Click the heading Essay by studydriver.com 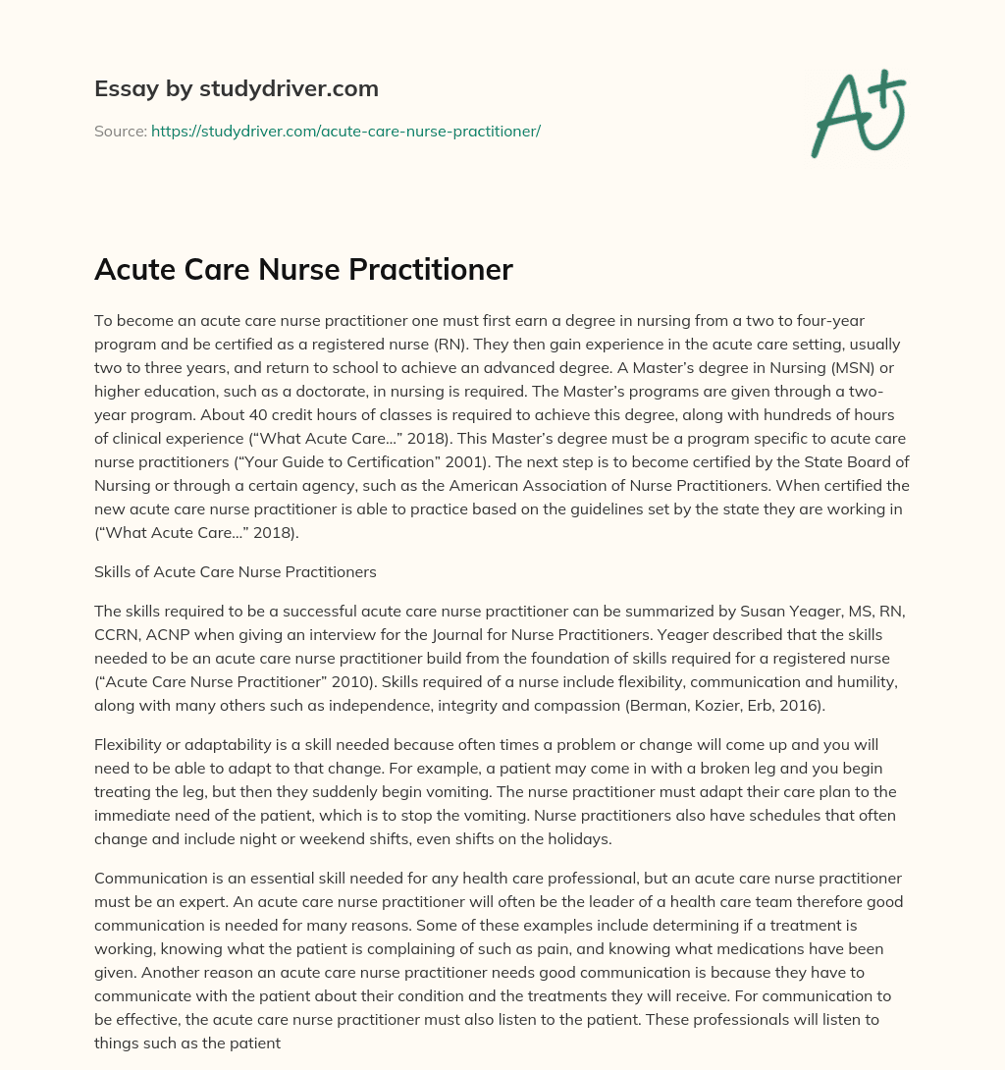click(x=236, y=88)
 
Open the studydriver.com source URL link click(x=345, y=131)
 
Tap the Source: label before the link click(x=120, y=131)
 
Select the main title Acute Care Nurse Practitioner click(x=303, y=270)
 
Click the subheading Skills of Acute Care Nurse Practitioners click(x=236, y=570)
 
